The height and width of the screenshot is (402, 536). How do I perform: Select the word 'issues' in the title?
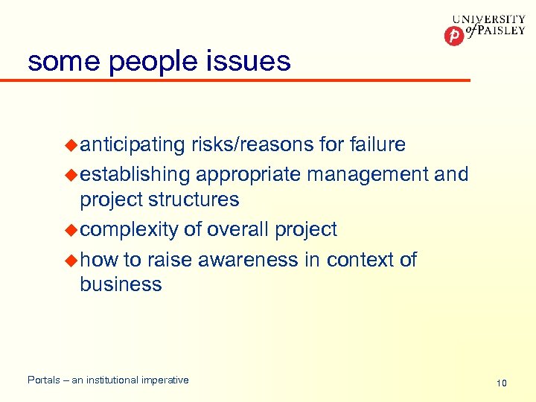point(250,60)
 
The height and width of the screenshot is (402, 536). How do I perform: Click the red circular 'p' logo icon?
point(453,35)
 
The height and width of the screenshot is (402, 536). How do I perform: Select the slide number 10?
point(502,383)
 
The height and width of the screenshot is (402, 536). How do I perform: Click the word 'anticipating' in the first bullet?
point(133,145)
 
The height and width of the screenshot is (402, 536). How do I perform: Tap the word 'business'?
point(121,284)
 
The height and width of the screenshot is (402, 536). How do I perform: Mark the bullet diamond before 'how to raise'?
point(71,260)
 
